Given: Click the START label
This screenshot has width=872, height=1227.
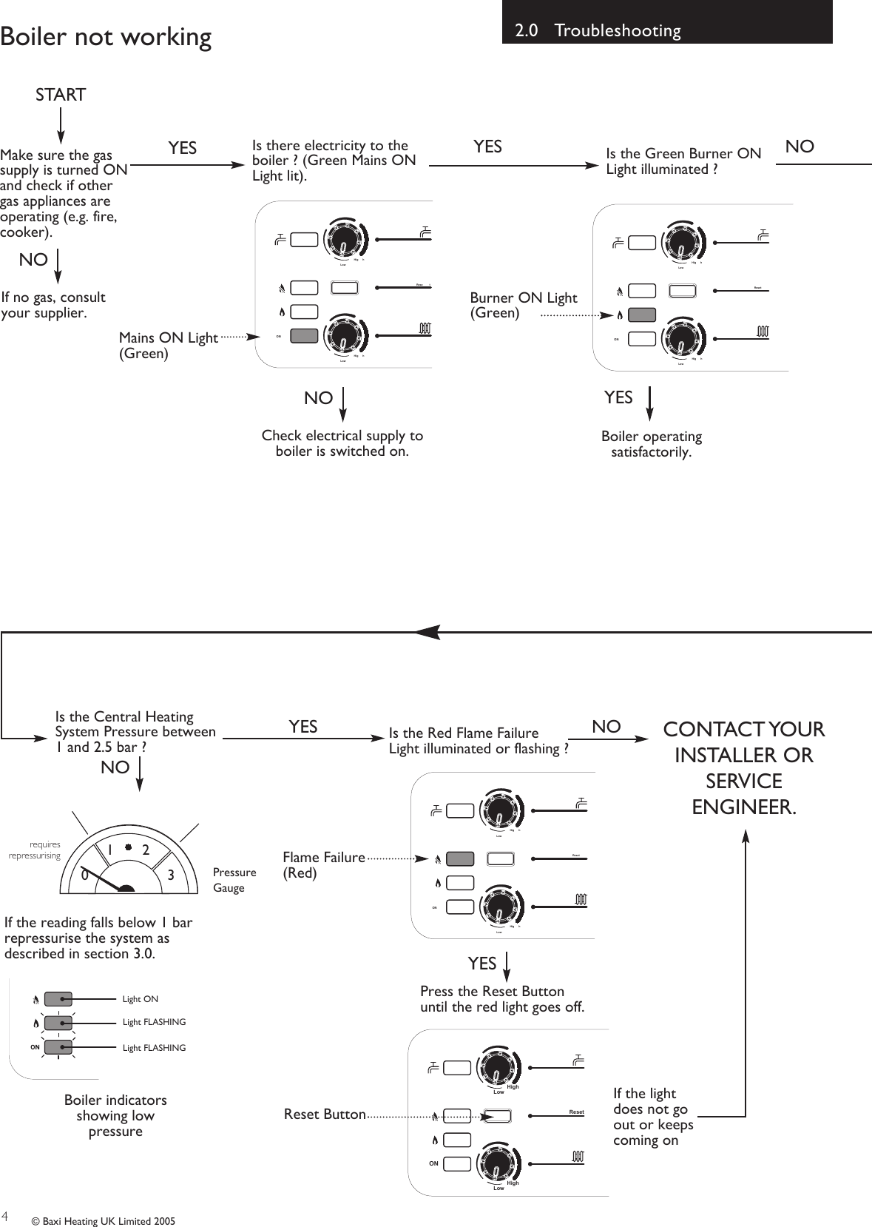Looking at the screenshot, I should point(61,95).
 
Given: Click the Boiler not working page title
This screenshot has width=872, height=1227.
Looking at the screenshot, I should point(106,36).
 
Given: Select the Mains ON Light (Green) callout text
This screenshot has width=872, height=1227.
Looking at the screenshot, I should point(168,346).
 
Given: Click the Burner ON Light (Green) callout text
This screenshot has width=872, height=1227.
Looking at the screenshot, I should point(523,305).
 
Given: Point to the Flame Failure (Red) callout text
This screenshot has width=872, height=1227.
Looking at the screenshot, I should point(323,865).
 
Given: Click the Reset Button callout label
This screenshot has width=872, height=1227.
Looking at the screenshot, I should point(325,1114).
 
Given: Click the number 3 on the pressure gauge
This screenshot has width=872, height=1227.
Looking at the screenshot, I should point(171,875).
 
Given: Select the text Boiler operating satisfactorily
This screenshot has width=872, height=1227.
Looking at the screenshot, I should point(651,444).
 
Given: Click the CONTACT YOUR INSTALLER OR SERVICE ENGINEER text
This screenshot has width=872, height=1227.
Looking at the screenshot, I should point(743,768).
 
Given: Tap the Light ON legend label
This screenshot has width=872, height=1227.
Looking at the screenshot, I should point(141,999).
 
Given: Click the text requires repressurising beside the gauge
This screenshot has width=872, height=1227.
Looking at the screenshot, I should point(36,850).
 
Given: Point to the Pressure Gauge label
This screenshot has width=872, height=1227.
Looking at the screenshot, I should point(234,880).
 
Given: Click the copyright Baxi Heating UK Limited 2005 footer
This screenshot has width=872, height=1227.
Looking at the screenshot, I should point(103,1221).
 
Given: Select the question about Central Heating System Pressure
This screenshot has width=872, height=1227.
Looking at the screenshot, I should point(135,731).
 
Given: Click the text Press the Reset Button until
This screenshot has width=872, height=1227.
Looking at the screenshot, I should point(501,999).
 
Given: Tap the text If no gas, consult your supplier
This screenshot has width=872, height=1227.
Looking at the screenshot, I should point(53,305).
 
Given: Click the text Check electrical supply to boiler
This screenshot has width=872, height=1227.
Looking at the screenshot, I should point(342,443).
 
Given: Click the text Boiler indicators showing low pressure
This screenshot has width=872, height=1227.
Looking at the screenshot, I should point(115,1115).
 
